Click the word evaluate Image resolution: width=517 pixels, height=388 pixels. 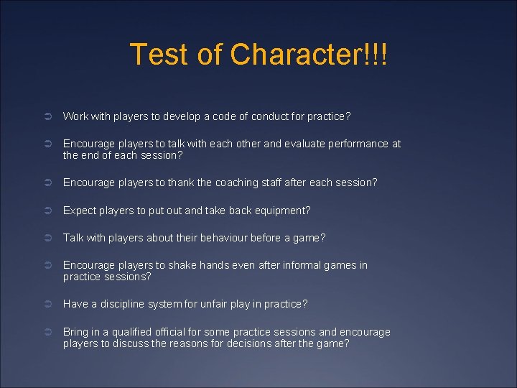[x=302, y=144]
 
